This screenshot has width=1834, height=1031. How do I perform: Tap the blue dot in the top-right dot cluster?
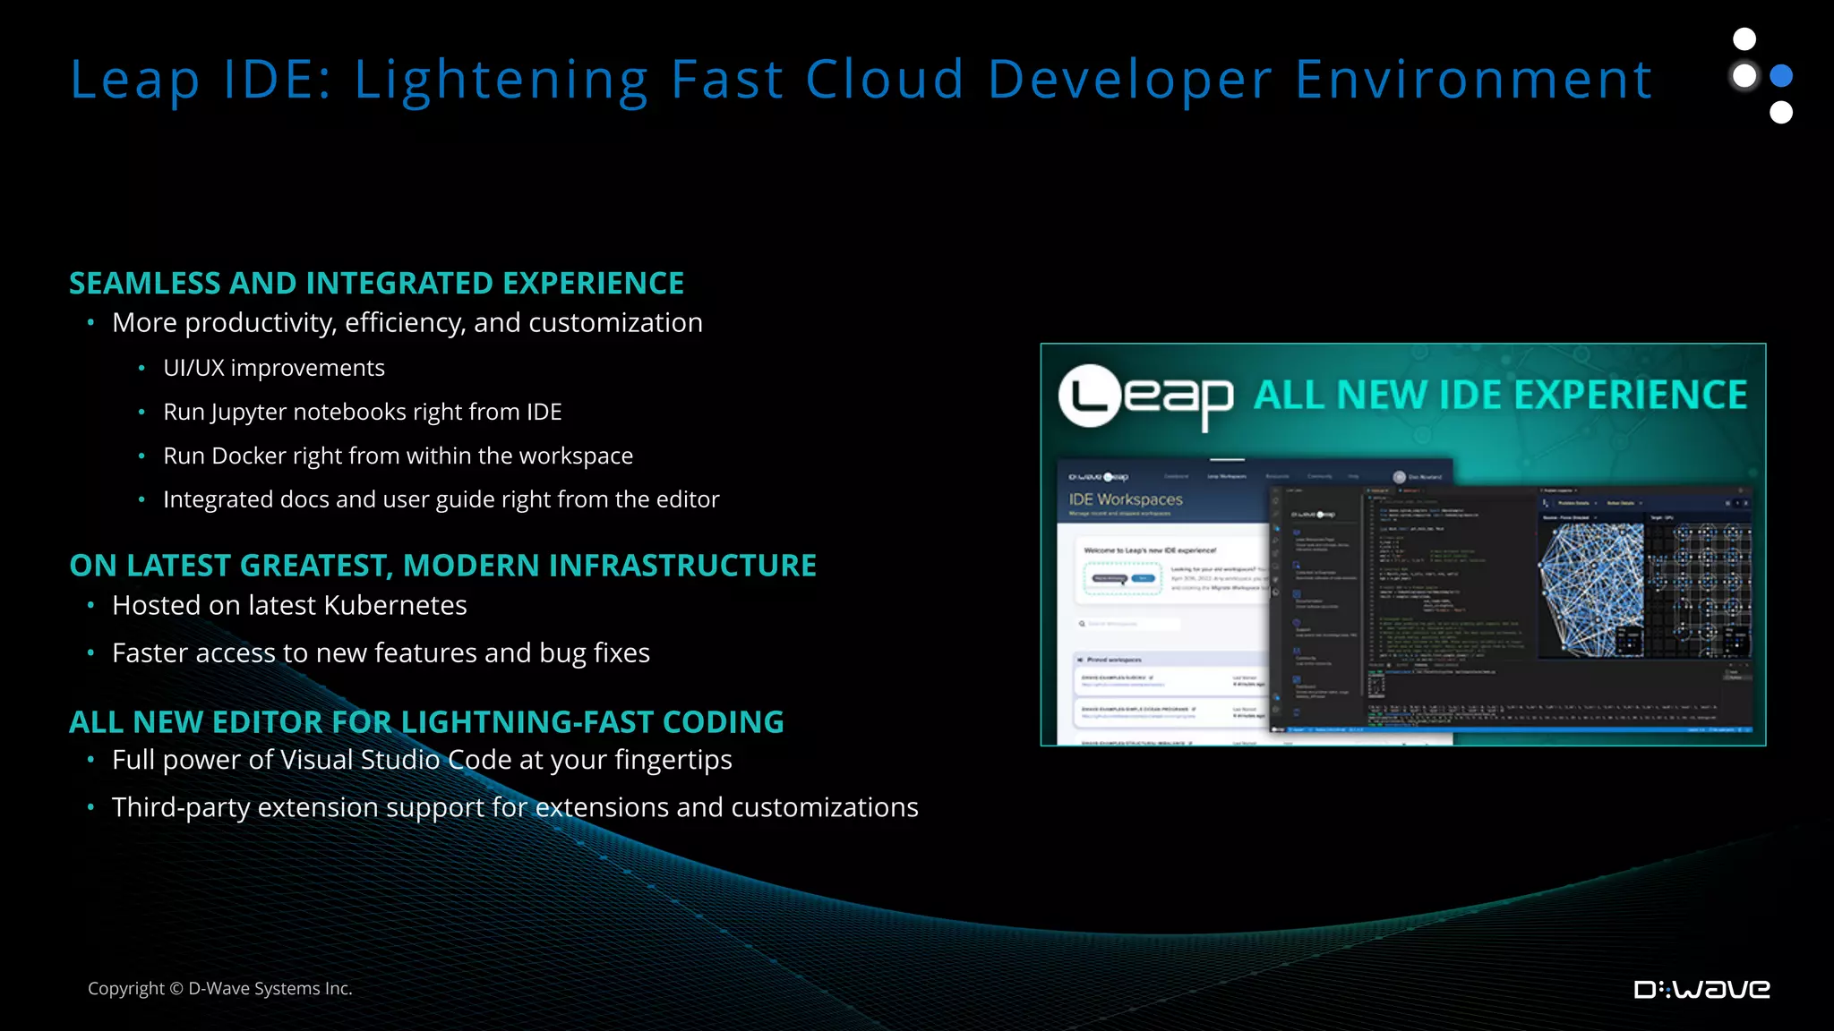[x=1782, y=76]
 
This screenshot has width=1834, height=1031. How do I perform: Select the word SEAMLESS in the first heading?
[x=146, y=284]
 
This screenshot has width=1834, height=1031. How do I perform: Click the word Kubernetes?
[x=395, y=606]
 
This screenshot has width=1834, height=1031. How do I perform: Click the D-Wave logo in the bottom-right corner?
[x=1701, y=989]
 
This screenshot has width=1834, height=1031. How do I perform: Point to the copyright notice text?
[x=220, y=988]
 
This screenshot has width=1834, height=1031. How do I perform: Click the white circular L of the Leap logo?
[x=1090, y=396]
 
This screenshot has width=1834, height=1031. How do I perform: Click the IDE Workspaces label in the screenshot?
[x=1126, y=499]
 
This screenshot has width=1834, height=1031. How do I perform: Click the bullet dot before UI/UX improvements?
[x=141, y=368]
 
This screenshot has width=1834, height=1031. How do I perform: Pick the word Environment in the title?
[x=1473, y=81]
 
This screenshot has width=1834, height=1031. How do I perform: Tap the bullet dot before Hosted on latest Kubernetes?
[x=90, y=606]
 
